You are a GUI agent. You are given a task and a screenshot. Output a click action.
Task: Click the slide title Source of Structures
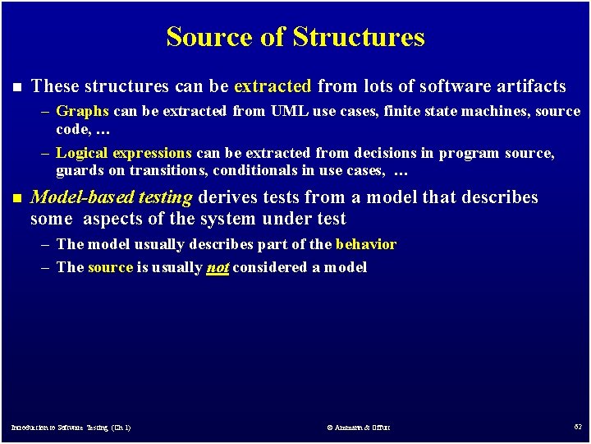click(295, 37)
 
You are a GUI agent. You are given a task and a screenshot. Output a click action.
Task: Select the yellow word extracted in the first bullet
click(273, 86)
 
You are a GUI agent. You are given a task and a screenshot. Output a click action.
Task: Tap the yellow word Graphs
click(82, 111)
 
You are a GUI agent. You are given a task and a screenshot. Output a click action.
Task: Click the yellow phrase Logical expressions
click(124, 153)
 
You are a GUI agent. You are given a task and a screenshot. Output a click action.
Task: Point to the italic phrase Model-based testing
click(112, 197)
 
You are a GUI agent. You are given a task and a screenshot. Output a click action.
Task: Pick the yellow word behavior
click(365, 244)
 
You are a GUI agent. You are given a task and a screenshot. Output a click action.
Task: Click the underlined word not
click(218, 267)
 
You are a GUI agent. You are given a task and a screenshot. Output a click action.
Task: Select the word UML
click(289, 111)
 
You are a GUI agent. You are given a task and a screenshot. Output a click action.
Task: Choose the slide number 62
click(577, 427)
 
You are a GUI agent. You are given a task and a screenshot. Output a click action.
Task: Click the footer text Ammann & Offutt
click(359, 428)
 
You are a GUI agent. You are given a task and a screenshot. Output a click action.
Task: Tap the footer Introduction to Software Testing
click(71, 428)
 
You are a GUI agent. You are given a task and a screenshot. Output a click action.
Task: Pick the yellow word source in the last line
click(110, 267)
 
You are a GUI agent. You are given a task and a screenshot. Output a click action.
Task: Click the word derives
click(224, 197)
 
